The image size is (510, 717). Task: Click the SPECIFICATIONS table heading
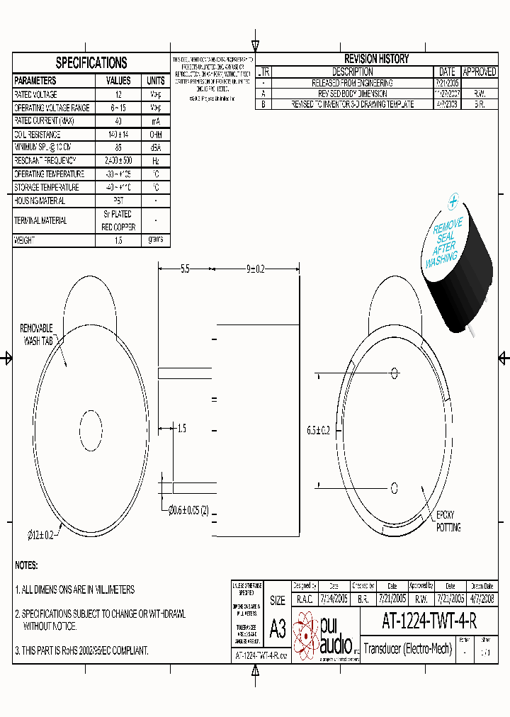(x=91, y=63)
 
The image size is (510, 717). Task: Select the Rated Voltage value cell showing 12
(x=118, y=94)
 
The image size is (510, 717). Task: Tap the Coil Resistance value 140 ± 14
(x=118, y=134)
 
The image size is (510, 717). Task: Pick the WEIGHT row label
(x=25, y=240)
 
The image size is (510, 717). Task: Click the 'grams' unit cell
(x=155, y=239)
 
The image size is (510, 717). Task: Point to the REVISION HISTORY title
(x=376, y=59)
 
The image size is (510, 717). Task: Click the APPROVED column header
(x=479, y=72)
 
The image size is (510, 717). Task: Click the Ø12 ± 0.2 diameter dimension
(x=40, y=535)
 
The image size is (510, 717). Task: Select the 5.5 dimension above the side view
(x=185, y=269)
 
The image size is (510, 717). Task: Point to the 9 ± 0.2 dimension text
(x=255, y=269)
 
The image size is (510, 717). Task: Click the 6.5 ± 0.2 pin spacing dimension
(x=319, y=430)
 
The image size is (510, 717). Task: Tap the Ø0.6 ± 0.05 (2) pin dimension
(x=188, y=509)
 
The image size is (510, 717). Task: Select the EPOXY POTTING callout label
(x=448, y=521)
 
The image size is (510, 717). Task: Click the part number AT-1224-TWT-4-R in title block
(x=429, y=621)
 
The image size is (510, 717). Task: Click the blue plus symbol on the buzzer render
(x=453, y=203)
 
